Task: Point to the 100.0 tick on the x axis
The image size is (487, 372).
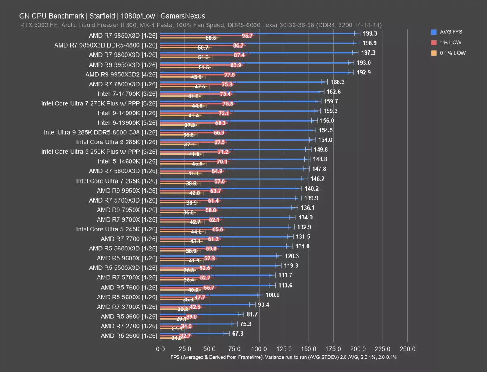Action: pyautogui.click(x=259, y=349)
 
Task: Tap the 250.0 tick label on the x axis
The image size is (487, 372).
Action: pyautogui.click(x=408, y=349)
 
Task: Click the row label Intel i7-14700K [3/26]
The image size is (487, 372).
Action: pyautogui.click(x=127, y=93)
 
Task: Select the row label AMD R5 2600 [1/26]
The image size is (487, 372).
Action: pyautogui.click(x=129, y=336)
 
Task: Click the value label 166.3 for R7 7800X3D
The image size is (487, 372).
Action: pyautogui.click(x=338, y=82)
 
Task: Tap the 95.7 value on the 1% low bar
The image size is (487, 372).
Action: pyautogui.click(x=247, y=36)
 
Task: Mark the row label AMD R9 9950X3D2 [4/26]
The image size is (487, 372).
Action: pyautogui.click(x=121, y=74)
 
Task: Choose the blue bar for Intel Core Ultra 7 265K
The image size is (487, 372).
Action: pyautogui.click(x=232, y=178)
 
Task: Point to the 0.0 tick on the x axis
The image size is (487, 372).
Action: pyautogui.click(x=160, y=349)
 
